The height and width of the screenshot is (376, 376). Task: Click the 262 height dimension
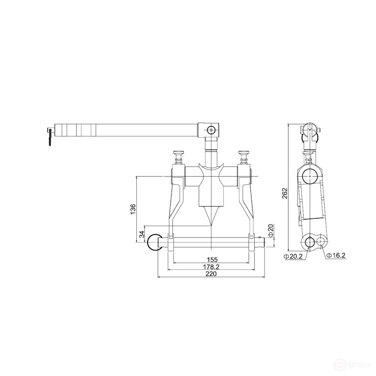[285, 194]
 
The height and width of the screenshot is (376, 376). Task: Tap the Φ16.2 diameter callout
[337, 255]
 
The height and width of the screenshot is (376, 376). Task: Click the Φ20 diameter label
[270, 230]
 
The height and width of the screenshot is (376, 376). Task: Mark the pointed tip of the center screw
[212, 224]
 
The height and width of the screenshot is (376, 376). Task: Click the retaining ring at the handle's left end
[50, 137]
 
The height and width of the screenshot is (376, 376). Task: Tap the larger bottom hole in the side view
[310, 243]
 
